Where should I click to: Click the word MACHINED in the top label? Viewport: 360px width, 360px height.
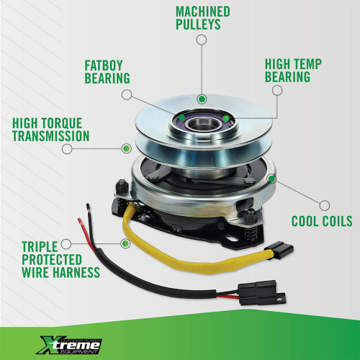coord(203,12)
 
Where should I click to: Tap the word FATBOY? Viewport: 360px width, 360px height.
coord(104,66)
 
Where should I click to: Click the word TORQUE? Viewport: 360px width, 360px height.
coord(61,123)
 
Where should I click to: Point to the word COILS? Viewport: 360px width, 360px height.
coord(337,221)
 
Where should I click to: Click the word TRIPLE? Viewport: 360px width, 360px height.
coord(40,246)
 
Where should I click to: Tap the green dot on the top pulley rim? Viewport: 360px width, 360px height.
coord(202,99)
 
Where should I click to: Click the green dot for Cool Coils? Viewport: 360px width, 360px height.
coord(271,179)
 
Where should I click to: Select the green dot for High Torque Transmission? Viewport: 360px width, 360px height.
coord(126,148)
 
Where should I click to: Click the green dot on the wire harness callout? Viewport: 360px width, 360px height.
coord(125,244)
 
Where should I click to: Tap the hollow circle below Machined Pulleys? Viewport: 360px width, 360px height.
coord(202,40)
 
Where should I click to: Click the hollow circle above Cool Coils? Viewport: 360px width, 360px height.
coord(325,206)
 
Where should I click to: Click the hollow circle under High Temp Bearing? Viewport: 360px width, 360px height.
coord(277,91)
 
